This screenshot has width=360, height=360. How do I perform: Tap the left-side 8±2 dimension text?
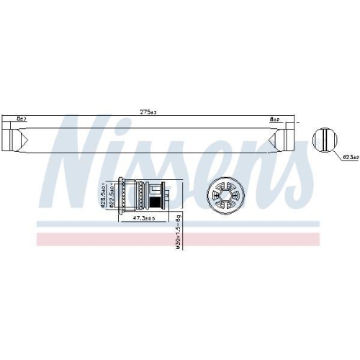click(x=21, y=118)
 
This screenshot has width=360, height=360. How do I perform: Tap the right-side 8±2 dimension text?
click(x=275, y=118)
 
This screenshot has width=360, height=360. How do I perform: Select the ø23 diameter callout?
click(x=350, y=156)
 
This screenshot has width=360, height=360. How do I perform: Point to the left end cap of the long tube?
click(x=11, y=135)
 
